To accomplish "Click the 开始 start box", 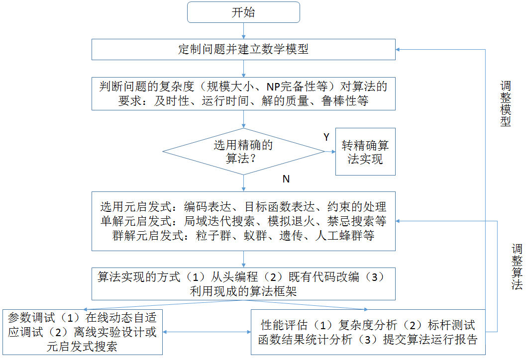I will pyautogui.click(x=243, y=12).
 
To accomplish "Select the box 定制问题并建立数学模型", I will pyautogui.click(x=243, y=49).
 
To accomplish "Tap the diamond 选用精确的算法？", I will pyautogui.click(x=243, y=152).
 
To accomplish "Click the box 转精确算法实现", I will pyautogui.click(x=365, y=152).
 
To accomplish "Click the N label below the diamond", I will pyautogui.click(x=286, y=179).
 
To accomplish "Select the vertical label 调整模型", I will pyautogui.click(x=506, y=103).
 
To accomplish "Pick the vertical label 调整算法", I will pyautogui.click(x=517, y=267).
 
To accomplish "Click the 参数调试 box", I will pyautogui.click(x=82, y=332).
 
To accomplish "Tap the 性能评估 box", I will pyautogui.click(x=368, y=332).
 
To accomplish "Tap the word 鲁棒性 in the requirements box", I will pyautogui.click(x=340, y=101).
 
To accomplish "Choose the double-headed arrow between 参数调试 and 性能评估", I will pyautogui.click(x=207, y=332).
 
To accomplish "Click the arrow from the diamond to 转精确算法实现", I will pyautogui.click(x=330, y=152).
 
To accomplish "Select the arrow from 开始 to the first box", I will pyautogui.click(x=243, y=31).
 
